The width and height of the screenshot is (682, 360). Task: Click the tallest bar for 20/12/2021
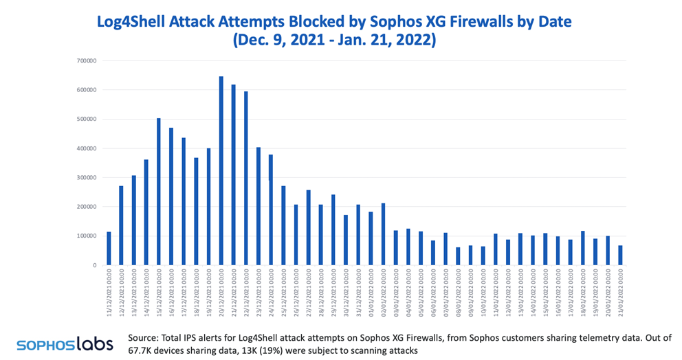(221, 171)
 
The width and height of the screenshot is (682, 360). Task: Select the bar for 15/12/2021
(159, 192)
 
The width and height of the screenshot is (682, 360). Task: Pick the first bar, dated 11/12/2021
(109, 249)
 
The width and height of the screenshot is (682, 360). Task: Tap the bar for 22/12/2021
(245, 179)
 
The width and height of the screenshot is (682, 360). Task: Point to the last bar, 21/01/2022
(620, 256)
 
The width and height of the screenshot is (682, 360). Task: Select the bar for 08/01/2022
(458, 256)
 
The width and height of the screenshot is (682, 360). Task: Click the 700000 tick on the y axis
(87, 61)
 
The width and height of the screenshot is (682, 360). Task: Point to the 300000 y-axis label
(87, 177)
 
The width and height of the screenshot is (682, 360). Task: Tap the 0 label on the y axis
(94, 265)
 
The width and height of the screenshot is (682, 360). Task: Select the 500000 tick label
(87, 120)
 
